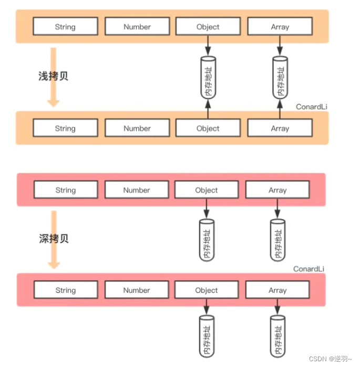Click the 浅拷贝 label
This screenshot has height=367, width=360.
click(53, 76)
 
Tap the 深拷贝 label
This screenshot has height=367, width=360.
click(53, 239)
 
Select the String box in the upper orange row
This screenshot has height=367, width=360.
click(65, 27)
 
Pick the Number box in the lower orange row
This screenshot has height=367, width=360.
click(137, 128)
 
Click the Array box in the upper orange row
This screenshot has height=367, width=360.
click(280, 27)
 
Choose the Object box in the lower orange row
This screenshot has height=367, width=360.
click(208, 128)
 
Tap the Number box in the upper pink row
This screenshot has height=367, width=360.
click(137, 190)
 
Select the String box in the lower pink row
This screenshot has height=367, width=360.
click(65, 290)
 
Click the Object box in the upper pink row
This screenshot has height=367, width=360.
click(207, 190)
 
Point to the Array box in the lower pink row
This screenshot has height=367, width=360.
click(277, 290)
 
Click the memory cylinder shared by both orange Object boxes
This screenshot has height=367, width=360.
click(208, 78)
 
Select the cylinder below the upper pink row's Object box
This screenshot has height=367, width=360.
click(207, 239)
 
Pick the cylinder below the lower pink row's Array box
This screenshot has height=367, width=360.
click(277, 337)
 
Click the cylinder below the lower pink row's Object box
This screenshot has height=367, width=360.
click(207, 337)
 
